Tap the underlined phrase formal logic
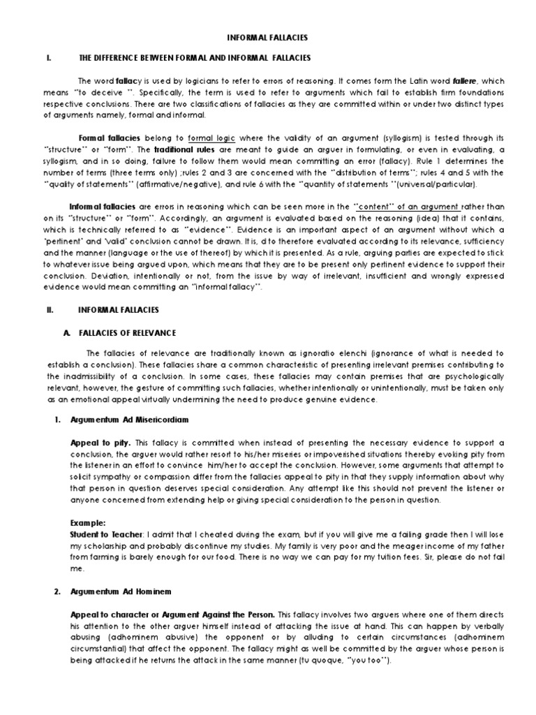pyautogui.click(x=211, y=139)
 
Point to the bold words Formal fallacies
pyautogui.click(x=109, y=139)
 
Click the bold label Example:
pyautogui.click(x=87, y=522)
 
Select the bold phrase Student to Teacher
pyautogui.click(x=110, y=533)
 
